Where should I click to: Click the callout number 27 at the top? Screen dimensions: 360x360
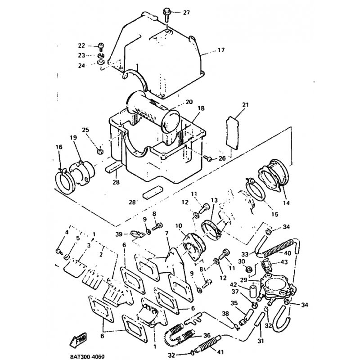point(186,13)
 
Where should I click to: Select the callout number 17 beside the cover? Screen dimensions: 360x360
point(221,50)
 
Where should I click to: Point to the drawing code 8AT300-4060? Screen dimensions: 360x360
point(87,357)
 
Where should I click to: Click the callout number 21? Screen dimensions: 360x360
point(245,105)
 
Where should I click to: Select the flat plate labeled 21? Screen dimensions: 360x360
point(232,133)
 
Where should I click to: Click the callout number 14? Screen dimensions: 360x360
point(286,203)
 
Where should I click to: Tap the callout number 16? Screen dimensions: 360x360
point(59,147)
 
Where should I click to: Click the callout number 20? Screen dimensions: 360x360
point(189,102)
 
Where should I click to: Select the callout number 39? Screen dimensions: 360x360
point(119,234)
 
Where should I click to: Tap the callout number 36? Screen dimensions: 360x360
point(207,335)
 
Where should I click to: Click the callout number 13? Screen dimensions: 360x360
point(214,200)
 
